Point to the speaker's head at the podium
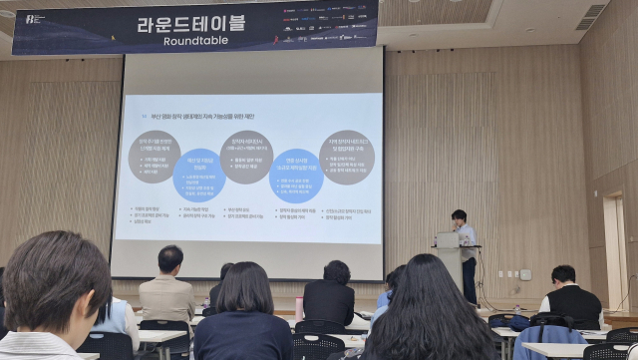point(459,216)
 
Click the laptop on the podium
point(447,239)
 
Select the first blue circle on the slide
point(199,176)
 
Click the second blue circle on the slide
point(295,176)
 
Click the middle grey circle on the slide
point(246,157)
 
